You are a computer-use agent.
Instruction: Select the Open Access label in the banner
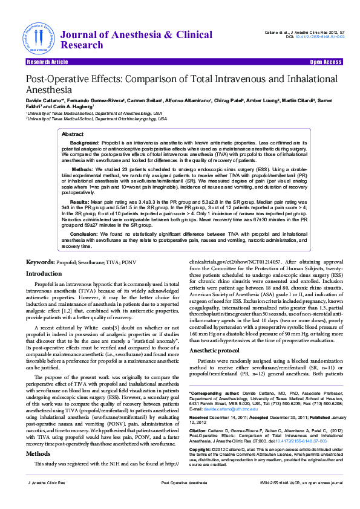pos(326,62)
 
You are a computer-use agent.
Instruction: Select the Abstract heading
pos(73,134)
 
